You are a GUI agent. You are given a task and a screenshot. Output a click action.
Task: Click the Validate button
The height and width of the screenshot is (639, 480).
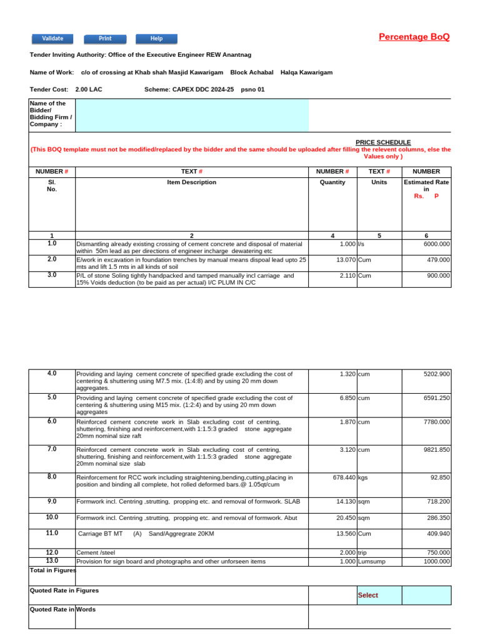[x=52, y=39]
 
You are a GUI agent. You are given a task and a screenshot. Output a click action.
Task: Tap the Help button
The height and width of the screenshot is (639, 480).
[x=156, y=39]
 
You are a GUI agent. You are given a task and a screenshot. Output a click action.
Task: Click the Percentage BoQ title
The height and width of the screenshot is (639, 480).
[x=414, y=37]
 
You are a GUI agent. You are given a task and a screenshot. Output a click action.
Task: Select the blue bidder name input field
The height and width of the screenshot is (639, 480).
[x=192, y=115]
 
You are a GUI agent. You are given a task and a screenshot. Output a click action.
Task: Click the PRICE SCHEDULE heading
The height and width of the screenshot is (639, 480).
[x=383, y=142]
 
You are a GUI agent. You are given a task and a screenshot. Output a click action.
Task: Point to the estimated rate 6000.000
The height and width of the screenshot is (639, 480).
[x=436, y=244]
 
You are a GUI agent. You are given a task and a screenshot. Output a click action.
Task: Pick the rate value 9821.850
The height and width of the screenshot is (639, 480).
[x=436, y=449]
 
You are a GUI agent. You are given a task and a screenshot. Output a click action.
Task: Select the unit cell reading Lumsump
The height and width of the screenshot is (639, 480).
[x=372, y=562]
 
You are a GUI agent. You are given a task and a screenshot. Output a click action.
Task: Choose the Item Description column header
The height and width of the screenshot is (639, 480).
[x=191, y=182]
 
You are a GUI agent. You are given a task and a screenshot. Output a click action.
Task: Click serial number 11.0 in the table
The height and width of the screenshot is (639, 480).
[x=52, y=533]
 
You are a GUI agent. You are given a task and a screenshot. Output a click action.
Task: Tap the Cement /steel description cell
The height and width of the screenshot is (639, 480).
[x=96, y=553]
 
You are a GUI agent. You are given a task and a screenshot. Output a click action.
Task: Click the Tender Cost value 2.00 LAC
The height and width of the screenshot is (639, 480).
[x=88, y=89]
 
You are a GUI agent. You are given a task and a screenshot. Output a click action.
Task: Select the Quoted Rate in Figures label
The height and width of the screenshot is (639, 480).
[x=64, y=590]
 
